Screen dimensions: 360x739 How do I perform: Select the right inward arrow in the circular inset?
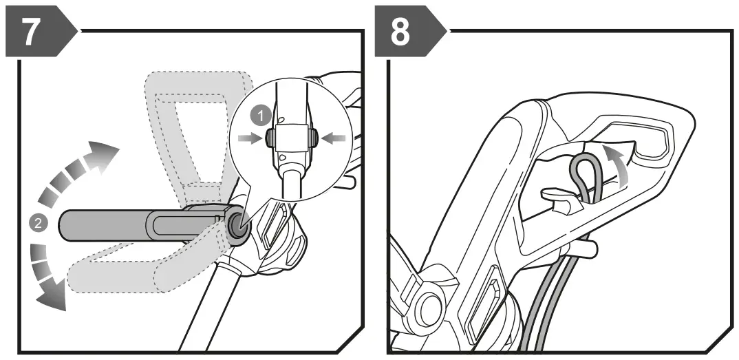point(330,139)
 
